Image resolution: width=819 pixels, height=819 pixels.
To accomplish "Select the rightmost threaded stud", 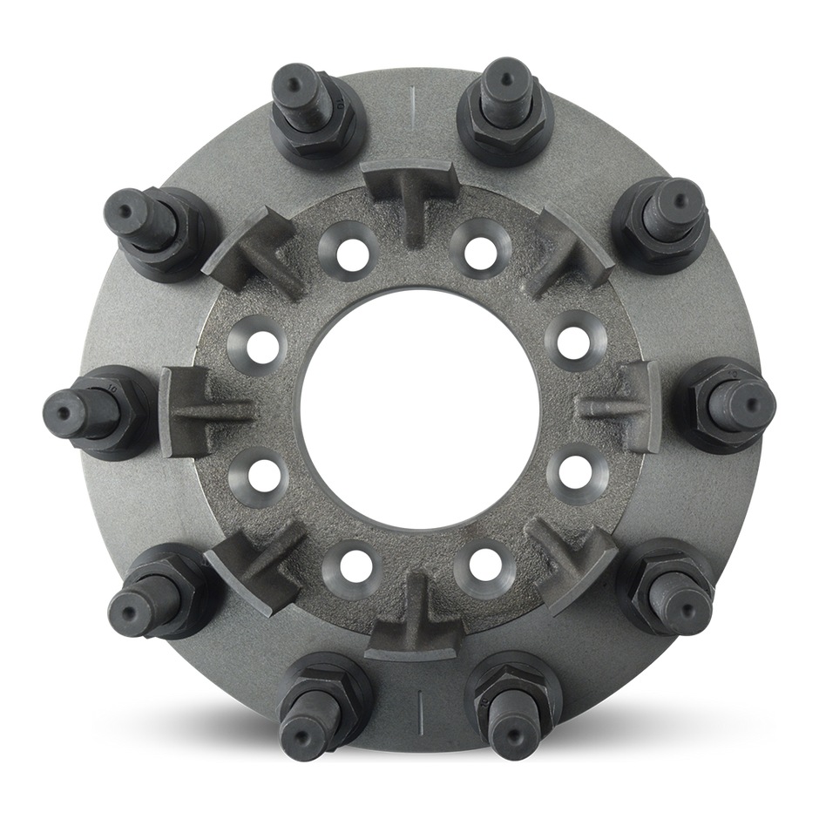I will (x=741, y=400).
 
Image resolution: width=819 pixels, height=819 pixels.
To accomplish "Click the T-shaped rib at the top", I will (x=409, y=196).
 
